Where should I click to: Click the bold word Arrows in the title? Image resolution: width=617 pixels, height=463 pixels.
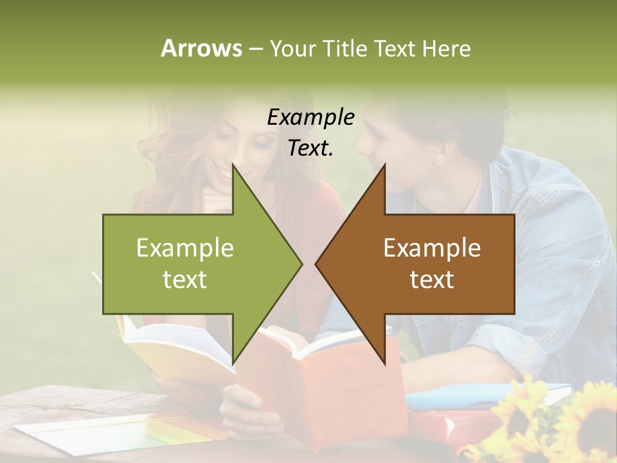202,48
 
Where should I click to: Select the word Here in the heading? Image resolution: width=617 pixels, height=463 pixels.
447,48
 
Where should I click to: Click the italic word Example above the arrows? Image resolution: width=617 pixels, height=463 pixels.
310,118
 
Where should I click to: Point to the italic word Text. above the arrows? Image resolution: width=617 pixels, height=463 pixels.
310,149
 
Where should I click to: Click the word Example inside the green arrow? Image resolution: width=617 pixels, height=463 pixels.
185,248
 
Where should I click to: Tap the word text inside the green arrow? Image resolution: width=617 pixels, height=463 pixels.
185,280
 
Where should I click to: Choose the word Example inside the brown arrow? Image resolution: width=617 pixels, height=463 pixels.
432,248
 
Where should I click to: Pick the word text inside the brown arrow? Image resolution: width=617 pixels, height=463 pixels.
432,280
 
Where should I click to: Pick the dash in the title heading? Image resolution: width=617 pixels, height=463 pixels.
255,49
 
